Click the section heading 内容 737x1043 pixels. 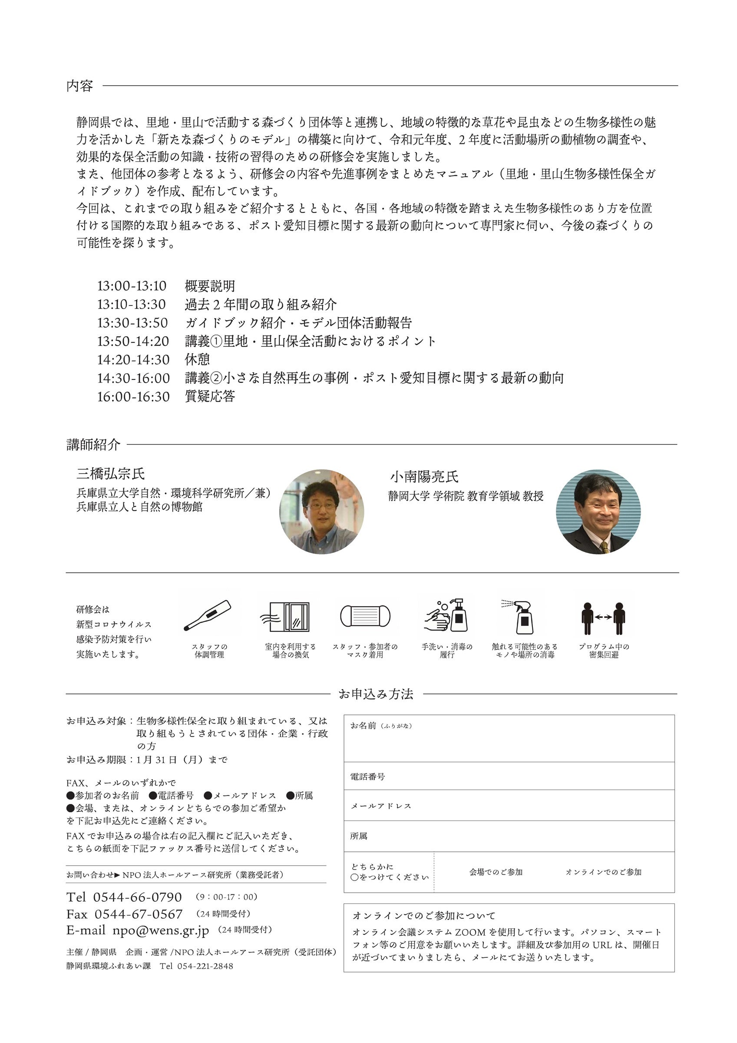pos(80,86)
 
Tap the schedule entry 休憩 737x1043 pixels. pos(197,359)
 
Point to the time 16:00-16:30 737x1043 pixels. pos(133,396)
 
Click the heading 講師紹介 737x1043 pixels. pos(93,444)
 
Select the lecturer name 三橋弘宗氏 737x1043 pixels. pos(110,474)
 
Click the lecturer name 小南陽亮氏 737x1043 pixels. pos(424,477)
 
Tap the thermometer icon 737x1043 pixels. pos(208,615)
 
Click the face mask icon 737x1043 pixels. pos(365,616)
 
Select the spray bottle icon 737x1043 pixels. pos(522,616)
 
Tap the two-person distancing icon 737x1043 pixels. pos(603,616)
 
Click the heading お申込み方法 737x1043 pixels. pos(376,694)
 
